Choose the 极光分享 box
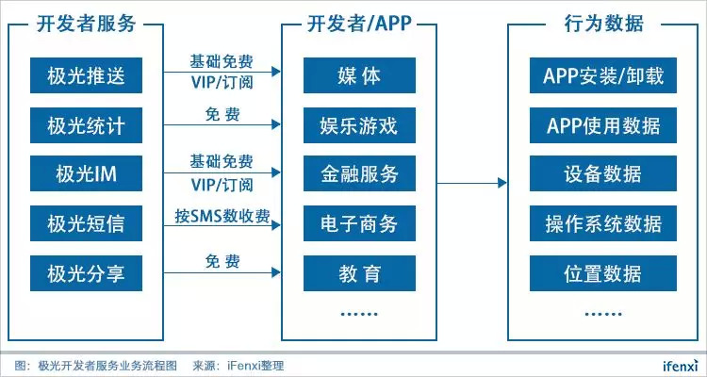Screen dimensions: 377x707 [86, 275]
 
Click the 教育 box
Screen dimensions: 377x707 [359, 275]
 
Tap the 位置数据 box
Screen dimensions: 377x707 [603, 275]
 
